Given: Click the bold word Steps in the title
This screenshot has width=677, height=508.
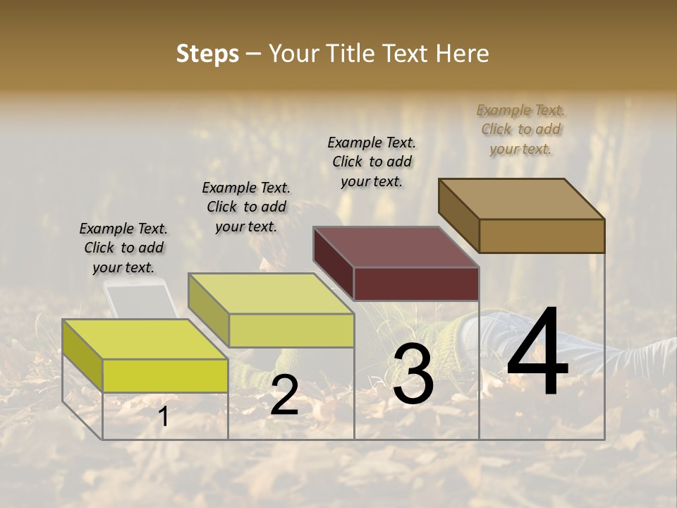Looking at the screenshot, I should coord(207,54).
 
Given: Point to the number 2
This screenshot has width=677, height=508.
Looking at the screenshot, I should coord(284,395).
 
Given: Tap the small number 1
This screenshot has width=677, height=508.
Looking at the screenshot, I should coord(164,417).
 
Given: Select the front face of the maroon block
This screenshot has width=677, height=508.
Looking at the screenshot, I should coord(416,284).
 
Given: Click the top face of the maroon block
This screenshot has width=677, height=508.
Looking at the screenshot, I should coord(396,247).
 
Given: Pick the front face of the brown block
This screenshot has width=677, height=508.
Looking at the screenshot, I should coord(542,236).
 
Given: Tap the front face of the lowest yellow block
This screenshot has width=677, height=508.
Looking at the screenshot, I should coord(165,375).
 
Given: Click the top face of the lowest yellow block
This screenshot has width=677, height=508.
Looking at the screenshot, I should coord(145,339).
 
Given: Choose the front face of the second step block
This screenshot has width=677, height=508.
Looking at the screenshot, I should coord(291,330).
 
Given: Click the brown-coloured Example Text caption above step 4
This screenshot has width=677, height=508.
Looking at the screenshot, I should coord(520,129).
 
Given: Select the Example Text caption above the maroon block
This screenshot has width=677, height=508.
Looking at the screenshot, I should coord(372,162).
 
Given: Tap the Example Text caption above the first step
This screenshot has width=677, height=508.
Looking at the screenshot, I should coord(123,248).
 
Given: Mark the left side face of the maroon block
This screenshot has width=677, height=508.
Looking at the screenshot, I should coord(333,261).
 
